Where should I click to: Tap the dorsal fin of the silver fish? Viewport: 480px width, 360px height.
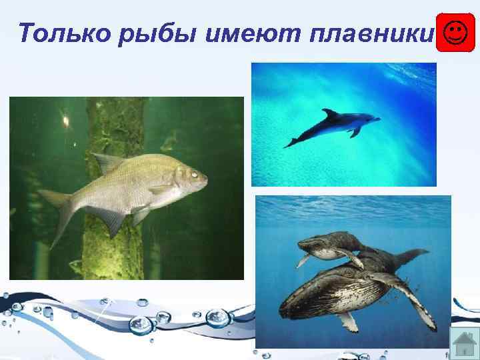(x=106, y=161)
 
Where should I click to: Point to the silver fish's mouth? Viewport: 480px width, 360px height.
(x=205, y=179)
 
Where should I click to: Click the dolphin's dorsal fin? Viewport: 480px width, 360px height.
(x=330, y=114)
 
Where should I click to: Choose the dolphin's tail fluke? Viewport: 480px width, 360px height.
(x=291, y=142)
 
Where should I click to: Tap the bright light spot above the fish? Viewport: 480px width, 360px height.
(x=65, y=120)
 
